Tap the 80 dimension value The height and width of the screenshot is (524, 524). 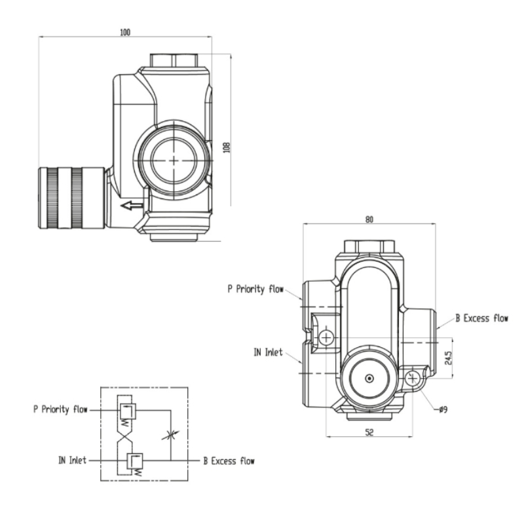369,219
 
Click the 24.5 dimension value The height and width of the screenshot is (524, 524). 447,359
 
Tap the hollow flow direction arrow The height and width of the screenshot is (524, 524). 132,206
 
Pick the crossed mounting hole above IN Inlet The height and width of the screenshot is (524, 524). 326,337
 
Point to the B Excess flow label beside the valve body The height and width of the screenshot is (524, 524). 482,319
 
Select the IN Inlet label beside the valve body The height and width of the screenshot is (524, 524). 268,352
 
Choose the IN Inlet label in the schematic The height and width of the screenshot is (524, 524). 69,460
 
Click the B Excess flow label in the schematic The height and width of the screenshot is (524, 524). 229,460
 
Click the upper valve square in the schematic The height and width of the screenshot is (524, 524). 128,411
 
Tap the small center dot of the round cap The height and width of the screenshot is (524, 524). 370,379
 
